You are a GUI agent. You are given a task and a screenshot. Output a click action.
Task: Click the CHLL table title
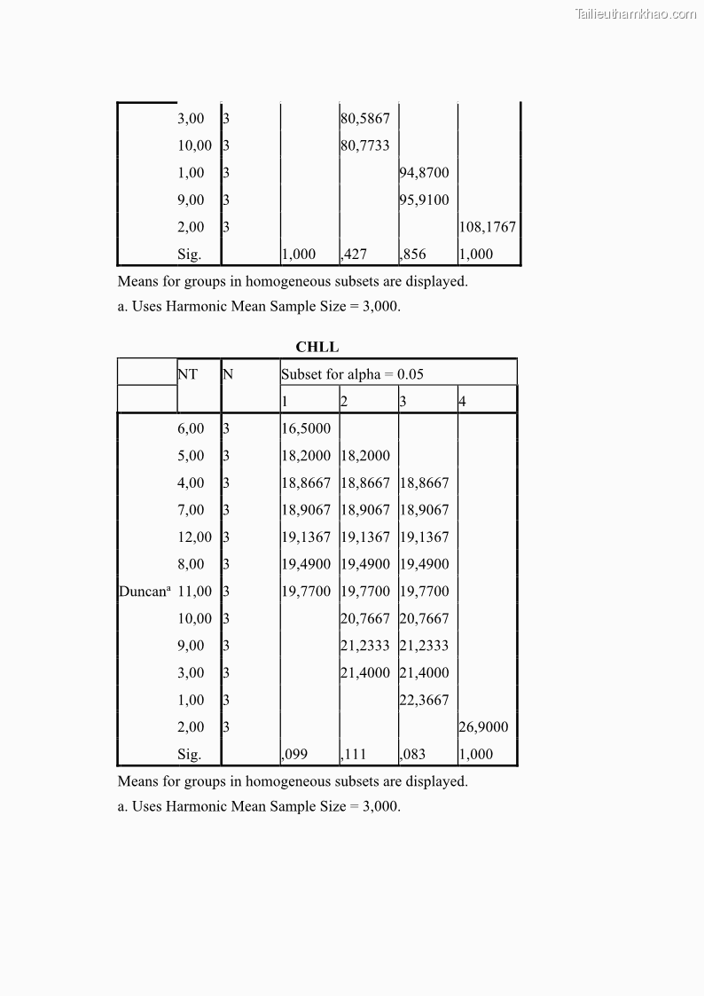[x=317, y=348]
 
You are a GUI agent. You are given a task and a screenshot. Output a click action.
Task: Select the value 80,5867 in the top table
[x=365, y=119]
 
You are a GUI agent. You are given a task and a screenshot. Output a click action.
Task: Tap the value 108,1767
[x=487, y=227]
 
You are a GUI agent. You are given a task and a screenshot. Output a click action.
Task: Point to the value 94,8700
[x=425, y=173]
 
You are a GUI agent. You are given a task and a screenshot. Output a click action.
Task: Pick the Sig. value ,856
[x=412, y=255]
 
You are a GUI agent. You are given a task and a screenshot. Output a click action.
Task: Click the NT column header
[x=187, y=374]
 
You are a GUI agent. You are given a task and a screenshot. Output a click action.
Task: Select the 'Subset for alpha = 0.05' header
[x=352, y=374]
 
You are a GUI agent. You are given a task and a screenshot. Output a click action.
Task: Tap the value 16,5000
[x=306, y=429]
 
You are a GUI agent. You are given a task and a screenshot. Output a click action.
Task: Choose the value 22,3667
[x=425, y=700]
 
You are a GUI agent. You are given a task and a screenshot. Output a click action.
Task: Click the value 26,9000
[x=483, y=727]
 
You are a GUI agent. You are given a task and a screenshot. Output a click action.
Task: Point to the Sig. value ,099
[x=294, y=755]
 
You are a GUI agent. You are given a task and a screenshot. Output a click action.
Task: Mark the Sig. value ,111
[x=354, y=755]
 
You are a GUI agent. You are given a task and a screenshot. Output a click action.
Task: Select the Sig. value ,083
[x=412, y=755]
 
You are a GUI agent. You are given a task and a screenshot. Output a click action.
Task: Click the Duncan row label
[x=144, y=592]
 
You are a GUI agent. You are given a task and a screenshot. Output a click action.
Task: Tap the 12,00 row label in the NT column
[x=194, y=537]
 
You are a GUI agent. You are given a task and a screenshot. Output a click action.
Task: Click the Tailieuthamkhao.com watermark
[x=636, y=13]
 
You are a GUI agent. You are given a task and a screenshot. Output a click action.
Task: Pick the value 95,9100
[x=425, y=200]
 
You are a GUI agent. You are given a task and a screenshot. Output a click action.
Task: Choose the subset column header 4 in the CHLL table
[x=462, y=402]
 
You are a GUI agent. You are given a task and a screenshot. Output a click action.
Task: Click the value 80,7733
[x=365, y=146]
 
